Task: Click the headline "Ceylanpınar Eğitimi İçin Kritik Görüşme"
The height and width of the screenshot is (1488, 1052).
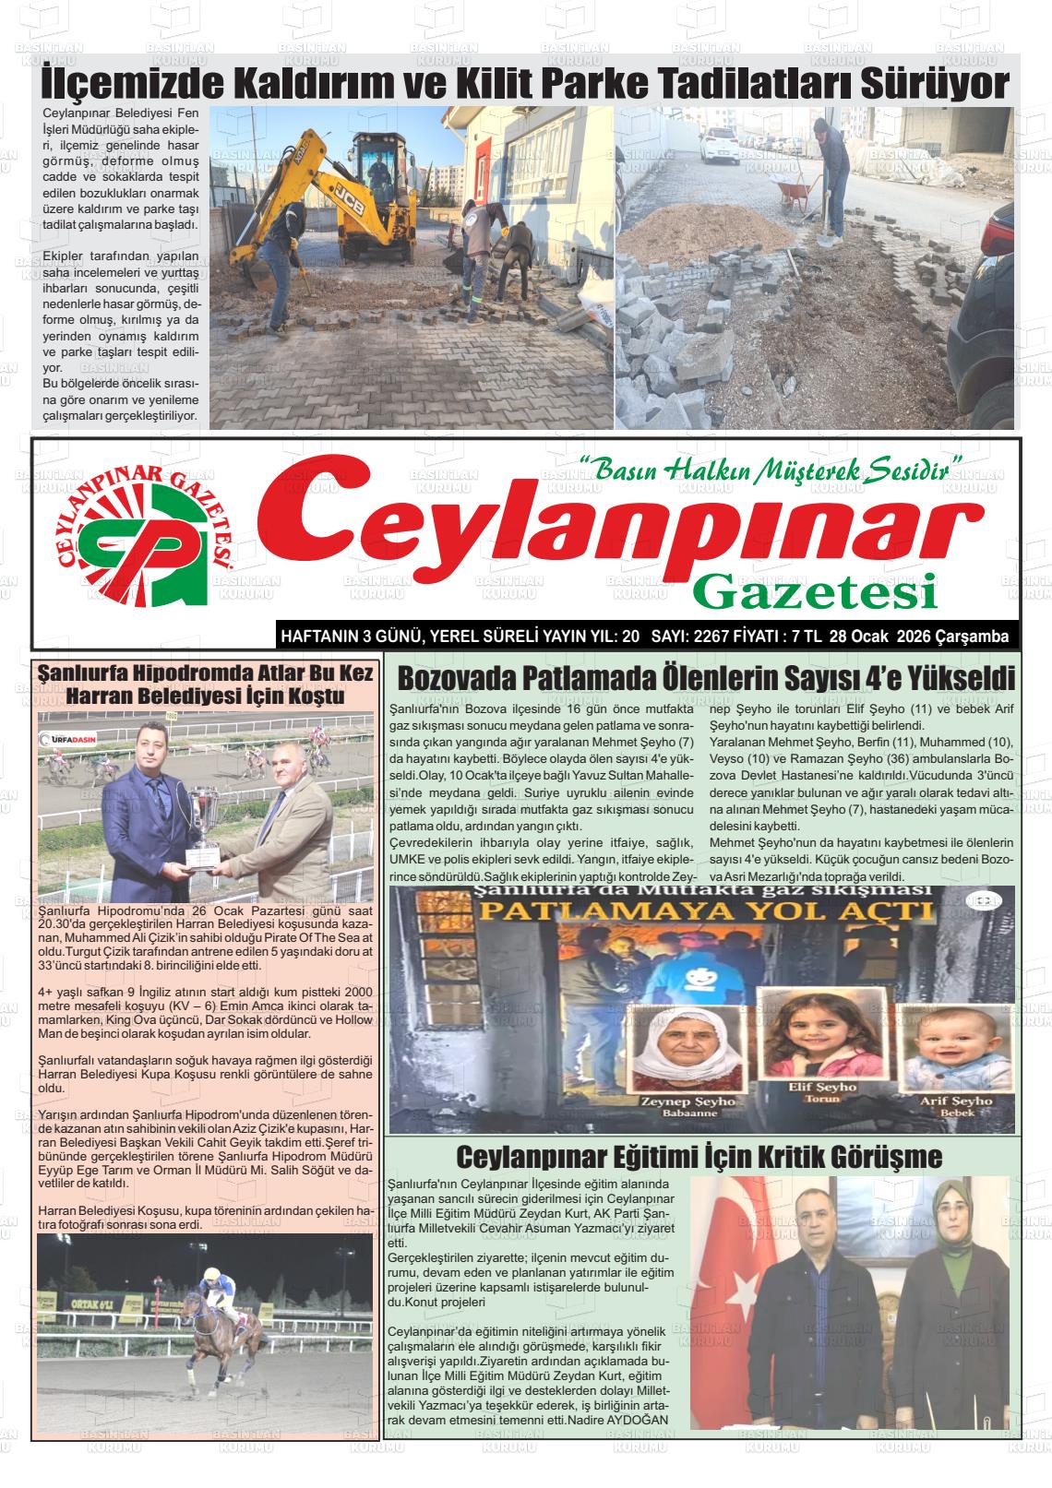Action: point(699,1156)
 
